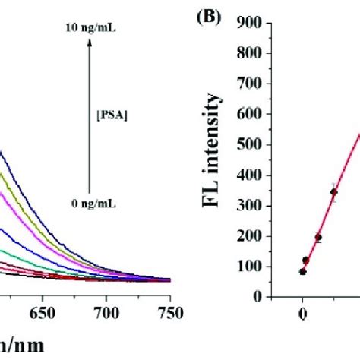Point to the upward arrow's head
[89, 45]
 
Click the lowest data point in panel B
[302, 271]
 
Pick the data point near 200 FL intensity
[318, 238]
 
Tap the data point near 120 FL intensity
[306, 261]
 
